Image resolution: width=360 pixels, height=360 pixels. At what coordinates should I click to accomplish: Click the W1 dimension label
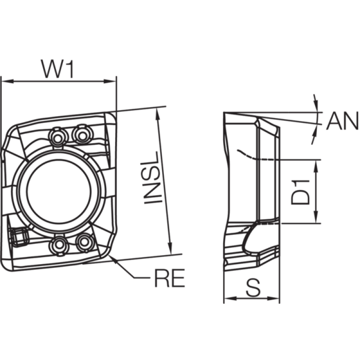pos(58,69)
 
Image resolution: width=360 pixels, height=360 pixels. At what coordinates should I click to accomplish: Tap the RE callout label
pos(170,278)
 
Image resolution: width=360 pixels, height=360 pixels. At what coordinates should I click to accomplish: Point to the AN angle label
pos(342,121)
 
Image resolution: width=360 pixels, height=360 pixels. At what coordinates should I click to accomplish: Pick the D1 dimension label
pos(300,193)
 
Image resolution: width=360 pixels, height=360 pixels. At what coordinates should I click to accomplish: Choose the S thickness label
pos(253,288)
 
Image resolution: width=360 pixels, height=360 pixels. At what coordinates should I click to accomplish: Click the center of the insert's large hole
pos(59,191)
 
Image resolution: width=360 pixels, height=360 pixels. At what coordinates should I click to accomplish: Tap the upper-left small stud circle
pos(58,138)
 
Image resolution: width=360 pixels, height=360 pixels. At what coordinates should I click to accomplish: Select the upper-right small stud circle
pos(82,135)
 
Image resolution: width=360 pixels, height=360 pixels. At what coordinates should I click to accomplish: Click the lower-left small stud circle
pos(59,245)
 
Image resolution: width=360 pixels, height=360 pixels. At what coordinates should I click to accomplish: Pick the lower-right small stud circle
pos(85,243)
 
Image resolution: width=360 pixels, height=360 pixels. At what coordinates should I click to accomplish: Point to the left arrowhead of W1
pos(7,81)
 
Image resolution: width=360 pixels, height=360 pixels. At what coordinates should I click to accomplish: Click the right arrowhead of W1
pos(110,81)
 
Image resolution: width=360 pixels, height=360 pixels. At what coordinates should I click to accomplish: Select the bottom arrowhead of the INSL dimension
pos(170,248)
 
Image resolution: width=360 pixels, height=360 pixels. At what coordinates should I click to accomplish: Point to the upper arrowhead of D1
pos(316,166)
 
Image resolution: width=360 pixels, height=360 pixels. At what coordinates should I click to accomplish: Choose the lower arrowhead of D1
pos(316,217)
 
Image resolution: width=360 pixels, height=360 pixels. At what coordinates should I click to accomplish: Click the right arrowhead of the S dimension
pos(273,298)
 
